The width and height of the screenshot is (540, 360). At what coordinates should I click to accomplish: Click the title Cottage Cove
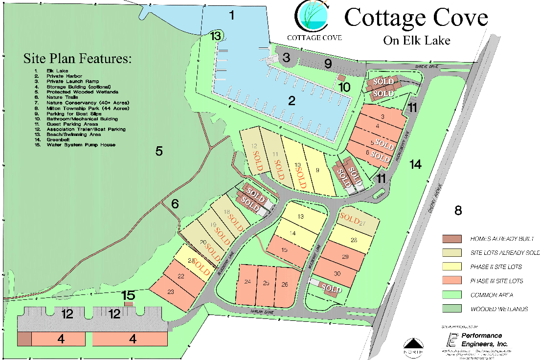point(416,18)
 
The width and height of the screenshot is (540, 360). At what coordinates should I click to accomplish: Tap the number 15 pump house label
point(128,295)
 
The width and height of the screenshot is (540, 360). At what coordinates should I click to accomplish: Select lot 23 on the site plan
point(171,292)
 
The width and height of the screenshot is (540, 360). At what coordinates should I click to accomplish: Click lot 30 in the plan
point(337,273)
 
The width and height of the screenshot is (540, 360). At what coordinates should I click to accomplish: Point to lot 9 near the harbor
point(317,170)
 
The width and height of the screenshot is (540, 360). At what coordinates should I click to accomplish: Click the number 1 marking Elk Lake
point(232,16)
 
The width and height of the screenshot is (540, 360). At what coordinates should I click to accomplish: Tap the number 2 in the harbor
point(292,101)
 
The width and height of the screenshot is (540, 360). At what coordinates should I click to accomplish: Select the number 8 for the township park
point(458,211)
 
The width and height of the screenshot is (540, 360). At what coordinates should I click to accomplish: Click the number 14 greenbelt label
point(415,165)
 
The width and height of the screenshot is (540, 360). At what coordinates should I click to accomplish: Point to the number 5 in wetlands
point(159,151)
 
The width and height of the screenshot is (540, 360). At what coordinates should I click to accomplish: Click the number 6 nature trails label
point(175,203)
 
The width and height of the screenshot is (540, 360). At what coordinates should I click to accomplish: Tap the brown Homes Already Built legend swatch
point(452,239)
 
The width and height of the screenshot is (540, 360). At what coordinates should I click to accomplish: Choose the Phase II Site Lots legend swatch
point(452,267)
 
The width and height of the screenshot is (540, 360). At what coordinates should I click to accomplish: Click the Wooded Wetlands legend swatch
point(452,309)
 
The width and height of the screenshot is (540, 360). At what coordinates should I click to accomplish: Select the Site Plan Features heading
point(77,59)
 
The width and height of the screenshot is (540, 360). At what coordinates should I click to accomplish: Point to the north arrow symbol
point(412,345)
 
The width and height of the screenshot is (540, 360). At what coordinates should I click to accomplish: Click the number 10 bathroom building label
point(344,88)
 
